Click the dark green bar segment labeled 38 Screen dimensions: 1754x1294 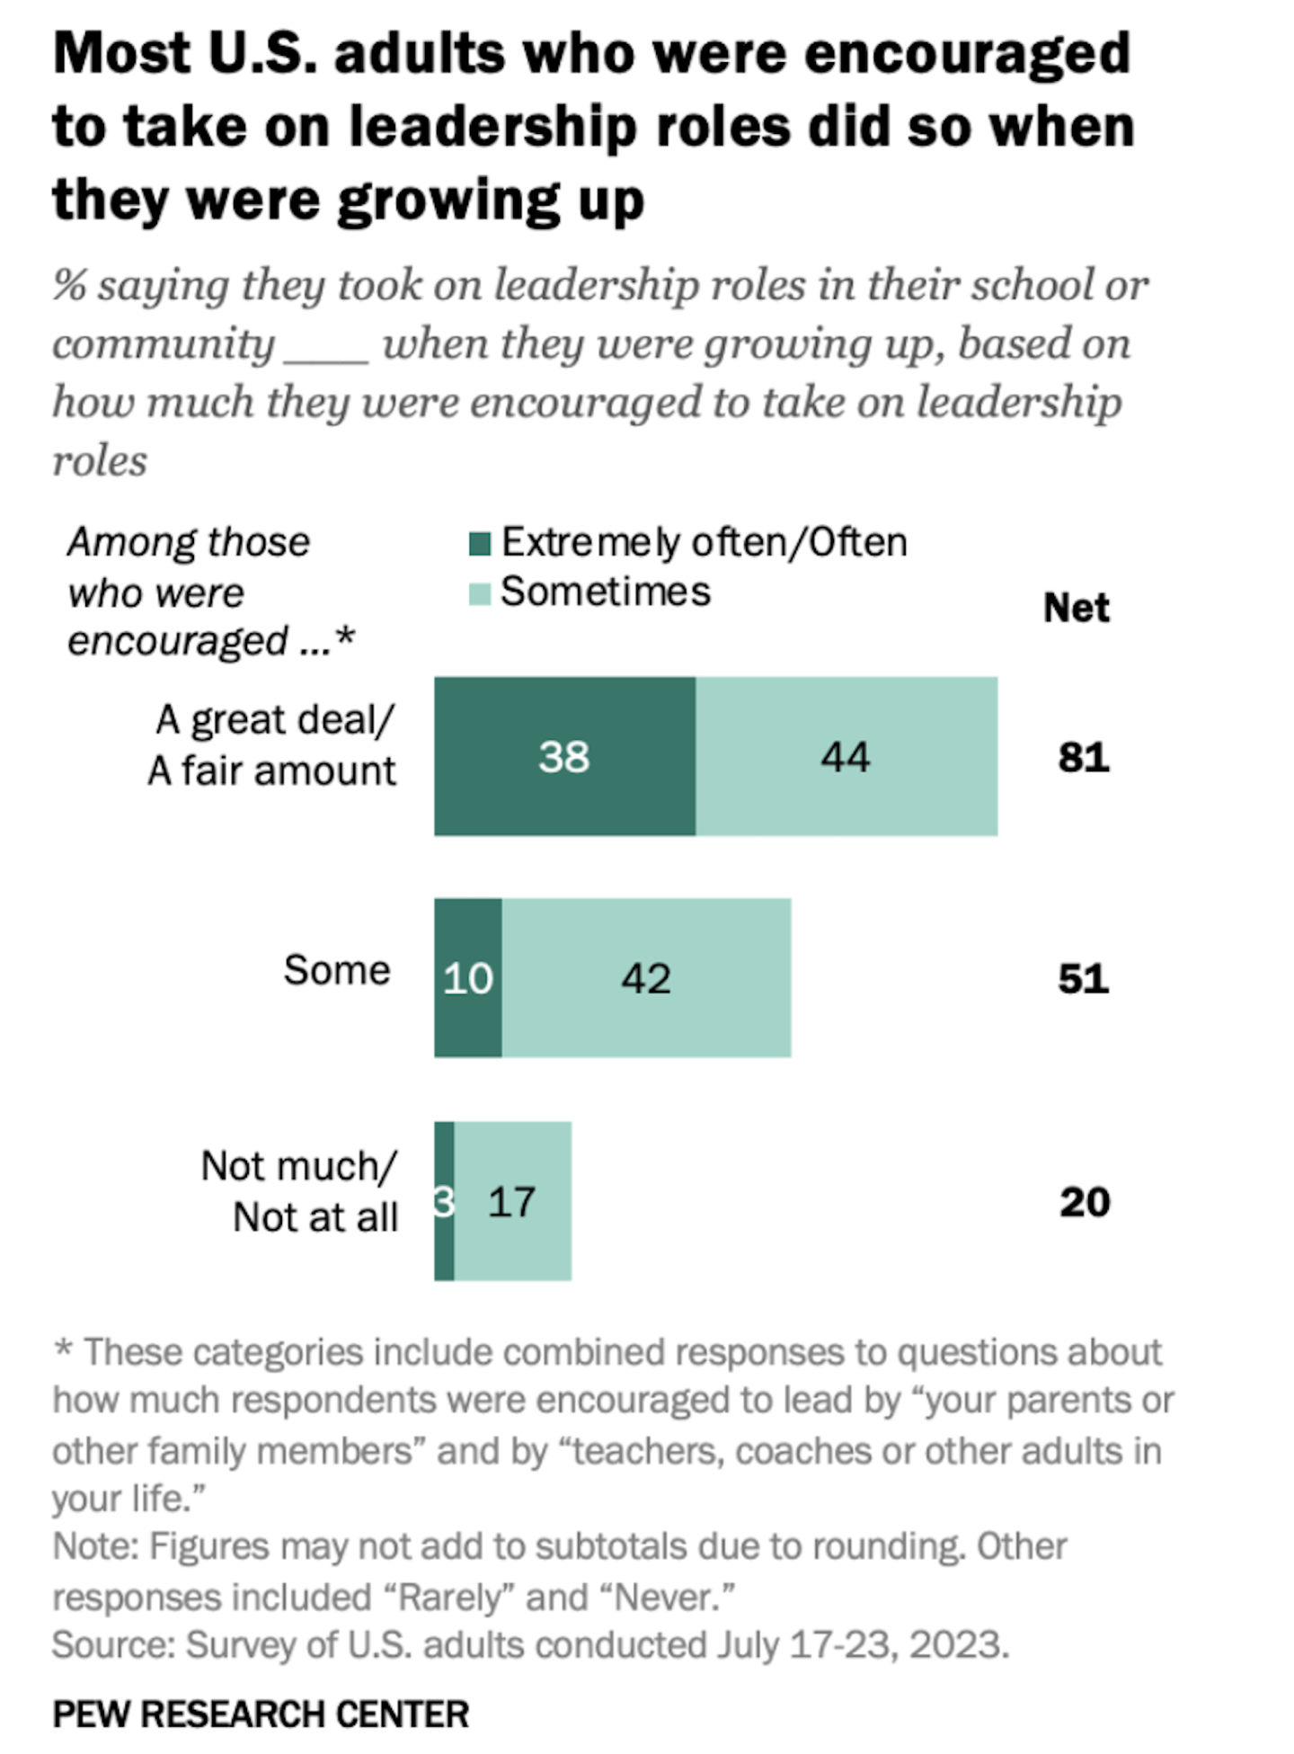[x=564, y=756]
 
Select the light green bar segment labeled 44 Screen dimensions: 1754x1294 [x=846, y=756]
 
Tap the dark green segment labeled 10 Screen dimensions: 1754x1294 [x=467, y=977]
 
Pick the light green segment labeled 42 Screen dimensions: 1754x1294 [x=646, y=977]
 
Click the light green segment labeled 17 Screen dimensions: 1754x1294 [x=512, y=1201]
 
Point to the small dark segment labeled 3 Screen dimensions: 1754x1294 [x=444, y=1201]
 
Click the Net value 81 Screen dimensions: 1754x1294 [x=1083, y=757]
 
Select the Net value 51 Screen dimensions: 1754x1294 [x=1083, y=978]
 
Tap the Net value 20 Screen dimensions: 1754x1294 [x=1084, y=1202]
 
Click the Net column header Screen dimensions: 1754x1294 [x=1076, y=609]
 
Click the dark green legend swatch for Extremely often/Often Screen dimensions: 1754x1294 [x=480, y=544]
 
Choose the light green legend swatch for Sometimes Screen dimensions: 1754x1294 [x=480, y=593]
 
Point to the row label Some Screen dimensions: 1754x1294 [x=337, y=970]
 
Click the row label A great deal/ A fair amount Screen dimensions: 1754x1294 [x=272, y=745]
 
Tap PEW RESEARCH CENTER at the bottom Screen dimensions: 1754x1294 [x=261, y=1714]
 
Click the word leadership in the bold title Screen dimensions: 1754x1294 [x=492, y=126]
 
